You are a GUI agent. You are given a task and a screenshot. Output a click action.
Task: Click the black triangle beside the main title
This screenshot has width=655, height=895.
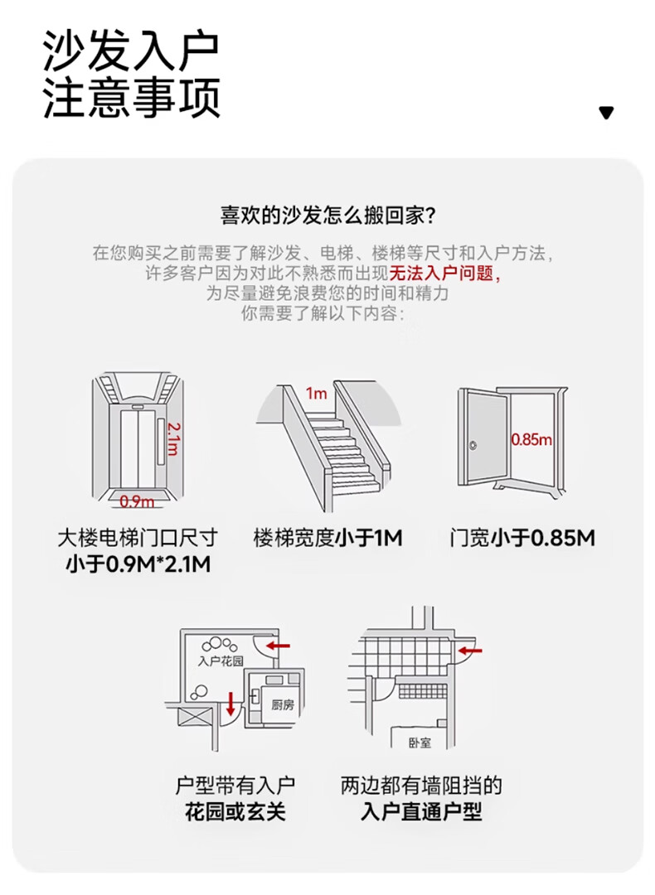coord(606,113)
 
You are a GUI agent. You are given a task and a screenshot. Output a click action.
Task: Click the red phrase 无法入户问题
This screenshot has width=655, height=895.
coord(444,274)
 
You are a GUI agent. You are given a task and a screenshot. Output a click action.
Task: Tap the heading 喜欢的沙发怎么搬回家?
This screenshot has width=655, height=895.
coord(327,216)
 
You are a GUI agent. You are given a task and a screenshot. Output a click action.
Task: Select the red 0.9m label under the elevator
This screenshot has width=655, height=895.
coord(137,501)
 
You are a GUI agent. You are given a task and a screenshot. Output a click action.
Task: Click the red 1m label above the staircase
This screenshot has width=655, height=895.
coord(316,394)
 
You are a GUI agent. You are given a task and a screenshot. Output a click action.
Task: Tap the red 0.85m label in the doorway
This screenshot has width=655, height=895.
coord(531,440)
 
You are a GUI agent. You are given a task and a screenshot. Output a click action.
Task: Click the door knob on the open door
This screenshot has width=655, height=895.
coord(473,446)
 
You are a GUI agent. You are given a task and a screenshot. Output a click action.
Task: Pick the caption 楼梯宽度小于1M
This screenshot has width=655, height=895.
coord(327,538)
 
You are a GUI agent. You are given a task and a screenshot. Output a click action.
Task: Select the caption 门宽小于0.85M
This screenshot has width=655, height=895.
coord(522,538)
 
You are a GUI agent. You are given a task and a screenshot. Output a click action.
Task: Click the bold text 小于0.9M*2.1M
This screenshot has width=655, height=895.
coord(138,565)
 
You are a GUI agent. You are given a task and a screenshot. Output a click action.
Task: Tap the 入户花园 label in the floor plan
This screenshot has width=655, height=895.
coord(221,661)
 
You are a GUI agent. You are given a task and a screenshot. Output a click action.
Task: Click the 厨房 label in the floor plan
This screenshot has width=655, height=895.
coord(283,704)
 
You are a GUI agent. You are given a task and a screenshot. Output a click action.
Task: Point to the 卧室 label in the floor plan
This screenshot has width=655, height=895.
coord(420,743)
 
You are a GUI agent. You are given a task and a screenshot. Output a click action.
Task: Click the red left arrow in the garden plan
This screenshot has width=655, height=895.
coord(278,644)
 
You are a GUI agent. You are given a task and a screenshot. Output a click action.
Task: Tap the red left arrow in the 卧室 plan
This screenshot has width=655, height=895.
coord(469,653)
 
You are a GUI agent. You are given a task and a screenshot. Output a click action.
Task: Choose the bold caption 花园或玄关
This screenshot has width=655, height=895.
coord(235,811)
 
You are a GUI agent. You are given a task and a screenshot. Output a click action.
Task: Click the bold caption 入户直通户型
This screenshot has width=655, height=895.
coord(421,811)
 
